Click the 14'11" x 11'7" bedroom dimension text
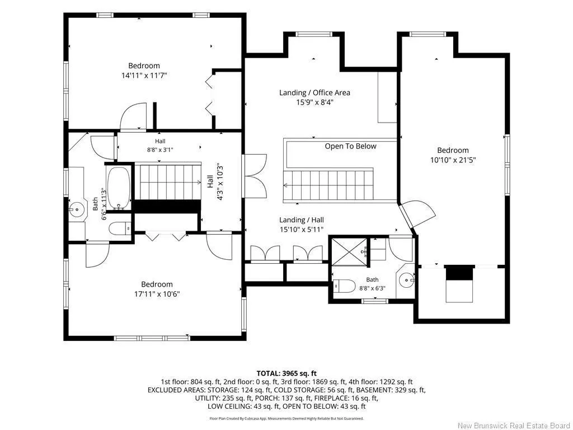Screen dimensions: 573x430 144,76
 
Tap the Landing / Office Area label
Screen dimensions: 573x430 314,92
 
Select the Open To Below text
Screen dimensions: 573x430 350,146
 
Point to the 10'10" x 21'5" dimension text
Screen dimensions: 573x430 453,160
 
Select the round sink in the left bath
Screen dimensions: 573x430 77,209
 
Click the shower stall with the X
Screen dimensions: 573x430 349,251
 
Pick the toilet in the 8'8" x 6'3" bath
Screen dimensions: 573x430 344,286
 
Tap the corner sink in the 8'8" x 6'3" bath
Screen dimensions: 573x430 406,281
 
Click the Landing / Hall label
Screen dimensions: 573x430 302,219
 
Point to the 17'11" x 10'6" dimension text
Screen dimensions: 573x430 157,294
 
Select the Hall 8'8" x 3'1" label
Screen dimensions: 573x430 160,145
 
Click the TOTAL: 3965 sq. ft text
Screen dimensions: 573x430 286,373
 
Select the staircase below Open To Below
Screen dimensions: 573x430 328,185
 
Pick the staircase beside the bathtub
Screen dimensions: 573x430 168,182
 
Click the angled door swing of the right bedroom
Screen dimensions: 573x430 419,216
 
